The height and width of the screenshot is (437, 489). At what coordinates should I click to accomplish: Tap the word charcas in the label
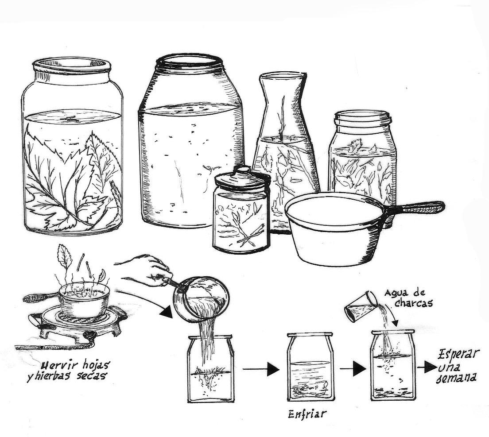[413, 303]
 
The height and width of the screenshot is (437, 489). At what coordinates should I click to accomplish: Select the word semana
[457, 378]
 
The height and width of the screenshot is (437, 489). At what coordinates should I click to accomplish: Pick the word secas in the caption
[90, 375]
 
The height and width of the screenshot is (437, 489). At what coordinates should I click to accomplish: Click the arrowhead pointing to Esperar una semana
[430, 368]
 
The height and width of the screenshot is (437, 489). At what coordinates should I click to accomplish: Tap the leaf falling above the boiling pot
[64, 256]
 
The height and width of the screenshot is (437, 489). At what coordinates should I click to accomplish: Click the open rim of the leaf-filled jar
[72, 64]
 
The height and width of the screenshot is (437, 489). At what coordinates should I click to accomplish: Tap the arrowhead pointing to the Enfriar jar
[273, 370]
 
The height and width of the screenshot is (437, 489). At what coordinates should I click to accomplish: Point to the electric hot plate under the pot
[78, 324]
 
